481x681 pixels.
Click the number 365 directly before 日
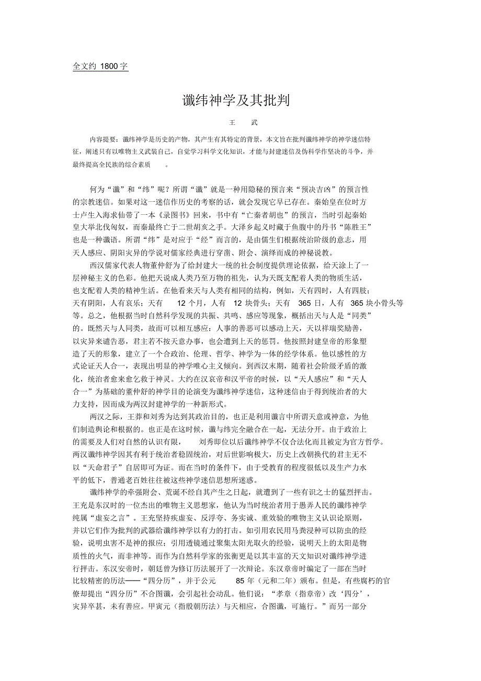click(x=304, y=303)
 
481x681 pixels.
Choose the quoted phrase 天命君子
click(x=105, y=467)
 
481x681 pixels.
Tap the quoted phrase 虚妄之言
click(x=110, y=517)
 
